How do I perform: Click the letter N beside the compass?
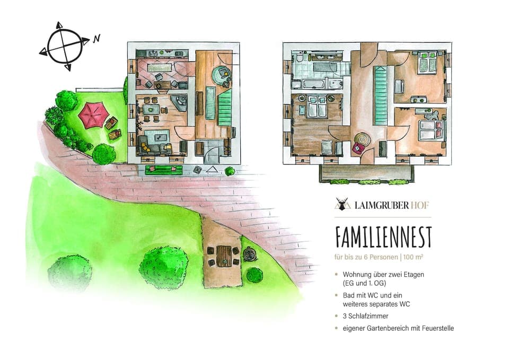[96, 38]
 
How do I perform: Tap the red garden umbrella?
[93, 115]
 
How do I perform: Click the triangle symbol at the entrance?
[212, 170]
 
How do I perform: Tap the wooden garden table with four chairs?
[225, 256]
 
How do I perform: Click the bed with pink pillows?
[428, 130]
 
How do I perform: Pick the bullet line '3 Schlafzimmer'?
[366, 316]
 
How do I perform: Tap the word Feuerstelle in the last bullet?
[436, 328]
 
